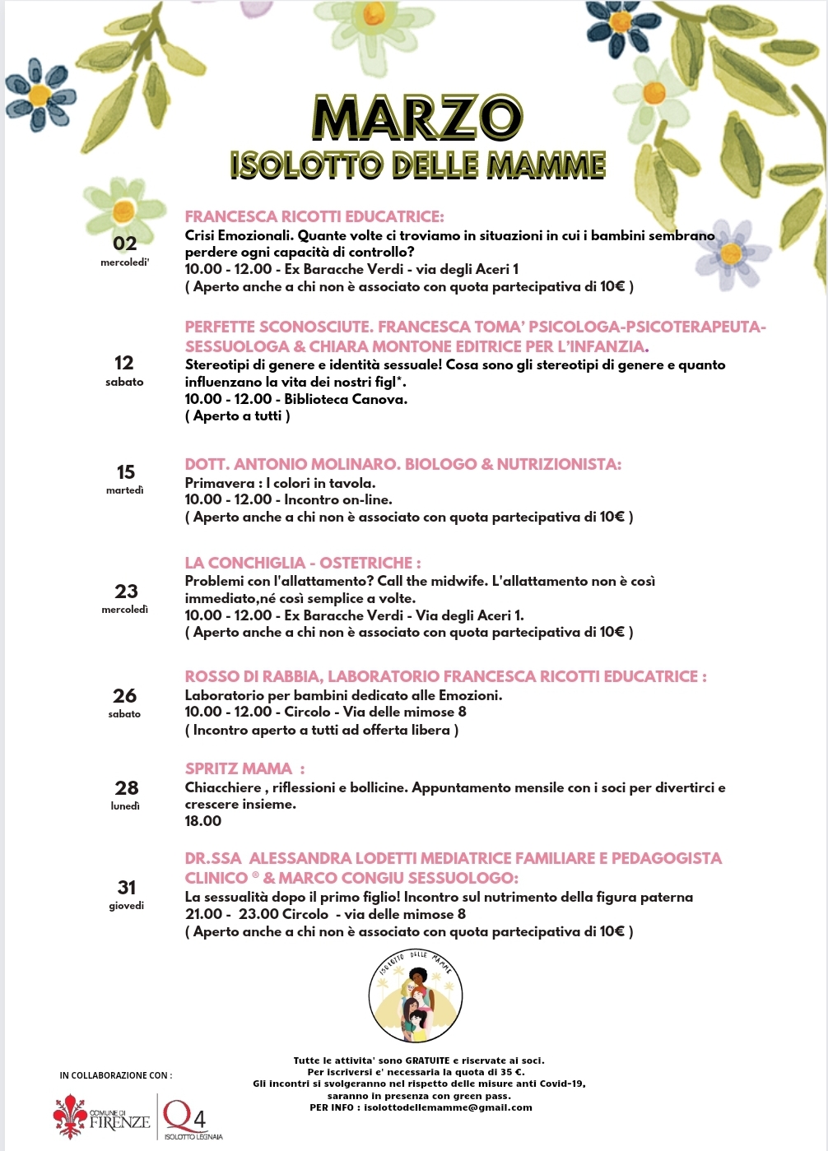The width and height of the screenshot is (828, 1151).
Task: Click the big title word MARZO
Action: [417, 118]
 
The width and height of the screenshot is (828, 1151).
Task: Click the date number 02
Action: [125, 244]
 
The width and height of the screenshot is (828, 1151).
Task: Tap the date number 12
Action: [124, 363]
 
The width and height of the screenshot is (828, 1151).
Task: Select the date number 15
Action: [125, 472]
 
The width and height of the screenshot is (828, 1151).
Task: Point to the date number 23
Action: [126, 592]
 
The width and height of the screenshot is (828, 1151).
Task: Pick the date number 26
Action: [125, 696]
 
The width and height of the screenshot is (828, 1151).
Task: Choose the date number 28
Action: [126, 788]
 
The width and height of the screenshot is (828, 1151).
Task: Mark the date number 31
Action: [127, 888]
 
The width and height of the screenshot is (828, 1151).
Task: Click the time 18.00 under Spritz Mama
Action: [203, 821]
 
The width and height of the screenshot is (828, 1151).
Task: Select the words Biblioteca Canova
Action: [345, 399]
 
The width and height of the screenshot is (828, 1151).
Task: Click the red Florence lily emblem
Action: [70, 1116]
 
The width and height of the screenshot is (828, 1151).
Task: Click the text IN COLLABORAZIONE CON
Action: [116, 1075]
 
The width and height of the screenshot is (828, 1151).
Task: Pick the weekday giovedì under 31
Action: [127, 906]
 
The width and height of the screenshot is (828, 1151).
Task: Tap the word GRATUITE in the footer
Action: [427, 1060]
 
